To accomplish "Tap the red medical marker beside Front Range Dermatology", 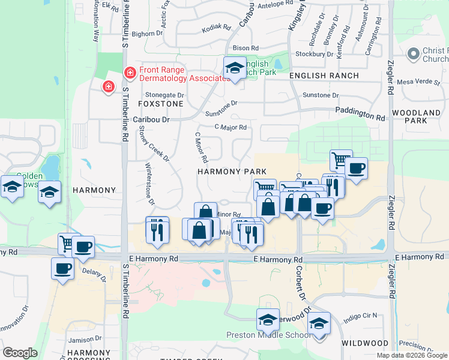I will (x=129, y=73).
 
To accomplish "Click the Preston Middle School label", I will (x=260, y=335).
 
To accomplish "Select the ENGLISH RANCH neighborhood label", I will (x=324, y=76).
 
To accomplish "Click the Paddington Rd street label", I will (x=360, y=112).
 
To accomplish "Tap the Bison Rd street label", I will (x=246, y=48).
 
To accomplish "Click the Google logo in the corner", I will (x=20, y=353).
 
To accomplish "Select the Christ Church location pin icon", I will (x=412, y=55).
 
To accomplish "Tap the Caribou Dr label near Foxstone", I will (x=152, y=120).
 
